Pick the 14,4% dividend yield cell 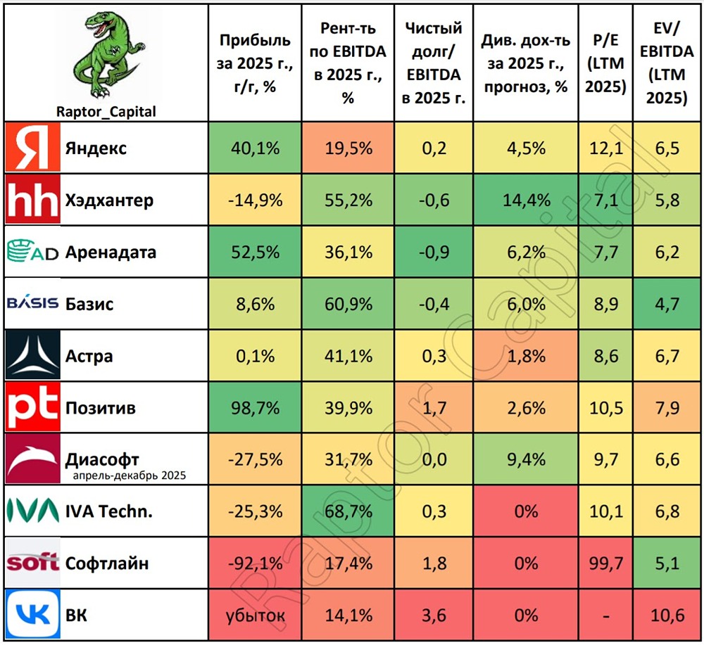tap(526, 200)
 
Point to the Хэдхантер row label tap(109, 200)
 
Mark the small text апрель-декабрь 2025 tap(128, 476)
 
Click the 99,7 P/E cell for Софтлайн tap(606, 563)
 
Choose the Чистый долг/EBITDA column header tap(434, 61)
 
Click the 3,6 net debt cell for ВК tap(434, 616)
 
